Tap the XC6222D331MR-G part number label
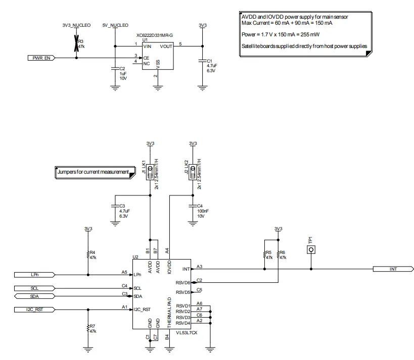tap(155, 35)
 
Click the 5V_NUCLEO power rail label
tap(115, 24)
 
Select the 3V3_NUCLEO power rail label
tap(76, 24)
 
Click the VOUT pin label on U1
tap(166, 46)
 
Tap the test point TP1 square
tap(312, 249)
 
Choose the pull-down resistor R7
tap(88, 328)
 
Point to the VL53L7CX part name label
tap(186, 333)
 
